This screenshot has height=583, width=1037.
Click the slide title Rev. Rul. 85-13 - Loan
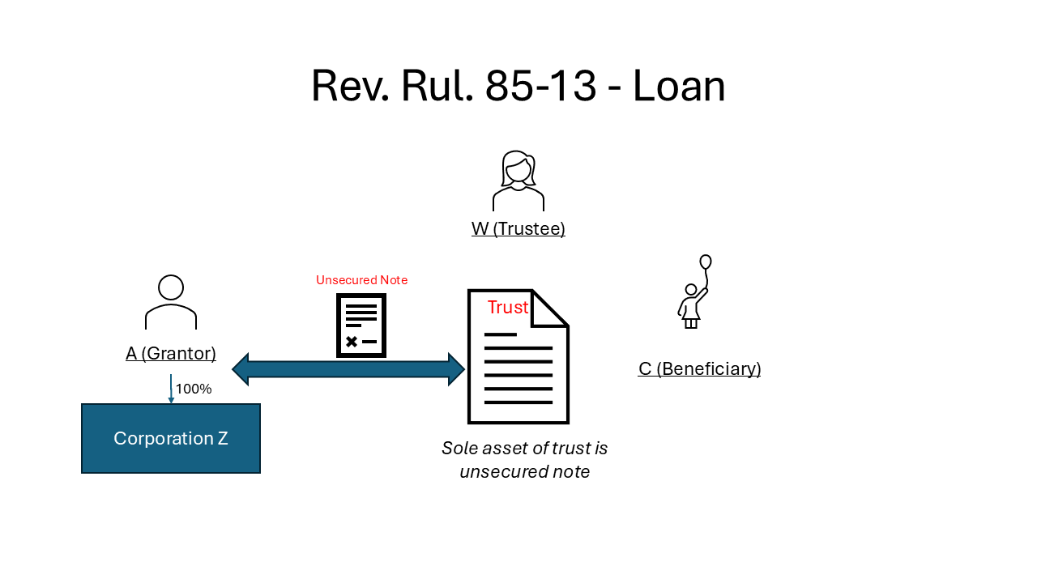(x=518, y=86)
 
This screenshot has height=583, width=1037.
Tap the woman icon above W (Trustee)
(x=518, y=181)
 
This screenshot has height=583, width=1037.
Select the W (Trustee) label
(x=518, y=229)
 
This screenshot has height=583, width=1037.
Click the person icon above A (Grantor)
(x=171, y=302)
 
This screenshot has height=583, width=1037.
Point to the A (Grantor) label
(x=171, y=353)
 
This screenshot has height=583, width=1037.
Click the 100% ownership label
(x=194, y=389)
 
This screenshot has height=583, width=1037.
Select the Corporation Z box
(x=171, y=438)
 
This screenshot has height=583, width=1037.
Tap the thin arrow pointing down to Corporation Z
(x=171, y=389)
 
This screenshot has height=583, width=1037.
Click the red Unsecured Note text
(x=361, y=280)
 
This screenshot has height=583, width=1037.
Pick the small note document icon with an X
(x=361, y=325)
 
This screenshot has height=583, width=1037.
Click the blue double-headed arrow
(x=348, y=369)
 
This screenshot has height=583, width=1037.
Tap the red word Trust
(x=508, y=308)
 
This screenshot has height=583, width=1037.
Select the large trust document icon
(x=518, y=364)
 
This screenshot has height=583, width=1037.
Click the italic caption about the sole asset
(x=524, y=459)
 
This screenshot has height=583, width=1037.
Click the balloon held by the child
(x=706, y=262)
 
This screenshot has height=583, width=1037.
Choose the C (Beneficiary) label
(x=699, y=369)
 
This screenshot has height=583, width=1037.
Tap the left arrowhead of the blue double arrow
(x=241, y=369)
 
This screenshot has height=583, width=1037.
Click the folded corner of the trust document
(x=549, y=308)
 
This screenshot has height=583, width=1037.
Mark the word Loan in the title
(x=679, y=86)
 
